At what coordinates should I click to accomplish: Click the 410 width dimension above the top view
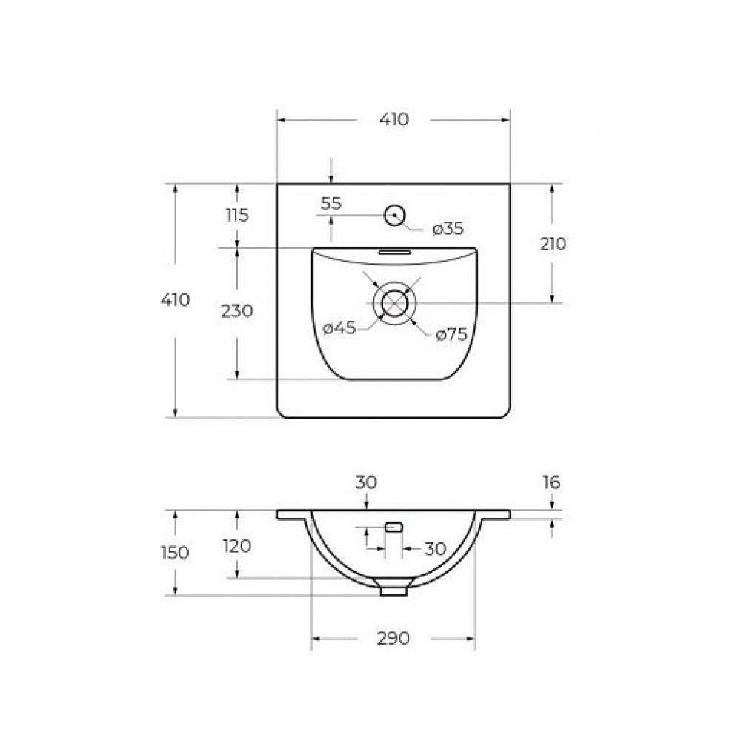[x=393, y=119]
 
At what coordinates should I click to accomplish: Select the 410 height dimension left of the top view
[x=176, y=300]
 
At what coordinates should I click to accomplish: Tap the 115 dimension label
[x=237, y=216]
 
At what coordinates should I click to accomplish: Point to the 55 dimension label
[x=330, y=204]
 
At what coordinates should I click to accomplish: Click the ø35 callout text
[x=448, y=229]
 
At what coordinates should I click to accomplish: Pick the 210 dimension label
[x=553, y=245]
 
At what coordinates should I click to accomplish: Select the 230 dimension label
[x=237, y=311]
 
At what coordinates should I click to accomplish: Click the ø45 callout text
[x=339, y=328]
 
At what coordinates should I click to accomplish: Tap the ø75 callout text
[x=451, y=335]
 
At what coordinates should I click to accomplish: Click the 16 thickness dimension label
[x=551, y=482]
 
